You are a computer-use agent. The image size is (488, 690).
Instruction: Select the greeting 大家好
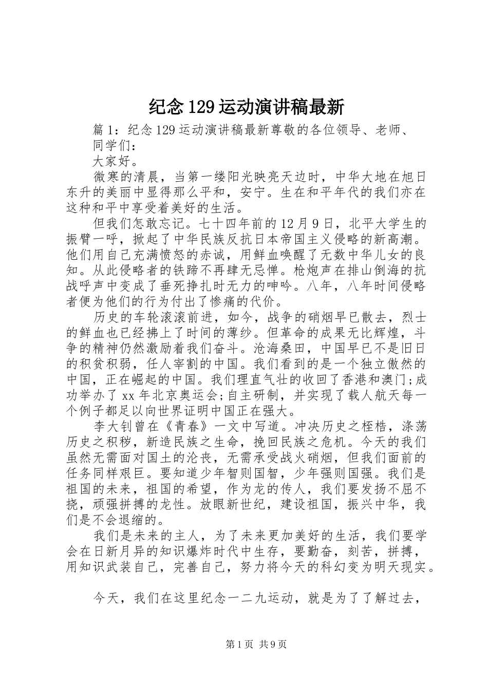[110, 160]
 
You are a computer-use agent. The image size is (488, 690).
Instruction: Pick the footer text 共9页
[272, 644]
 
